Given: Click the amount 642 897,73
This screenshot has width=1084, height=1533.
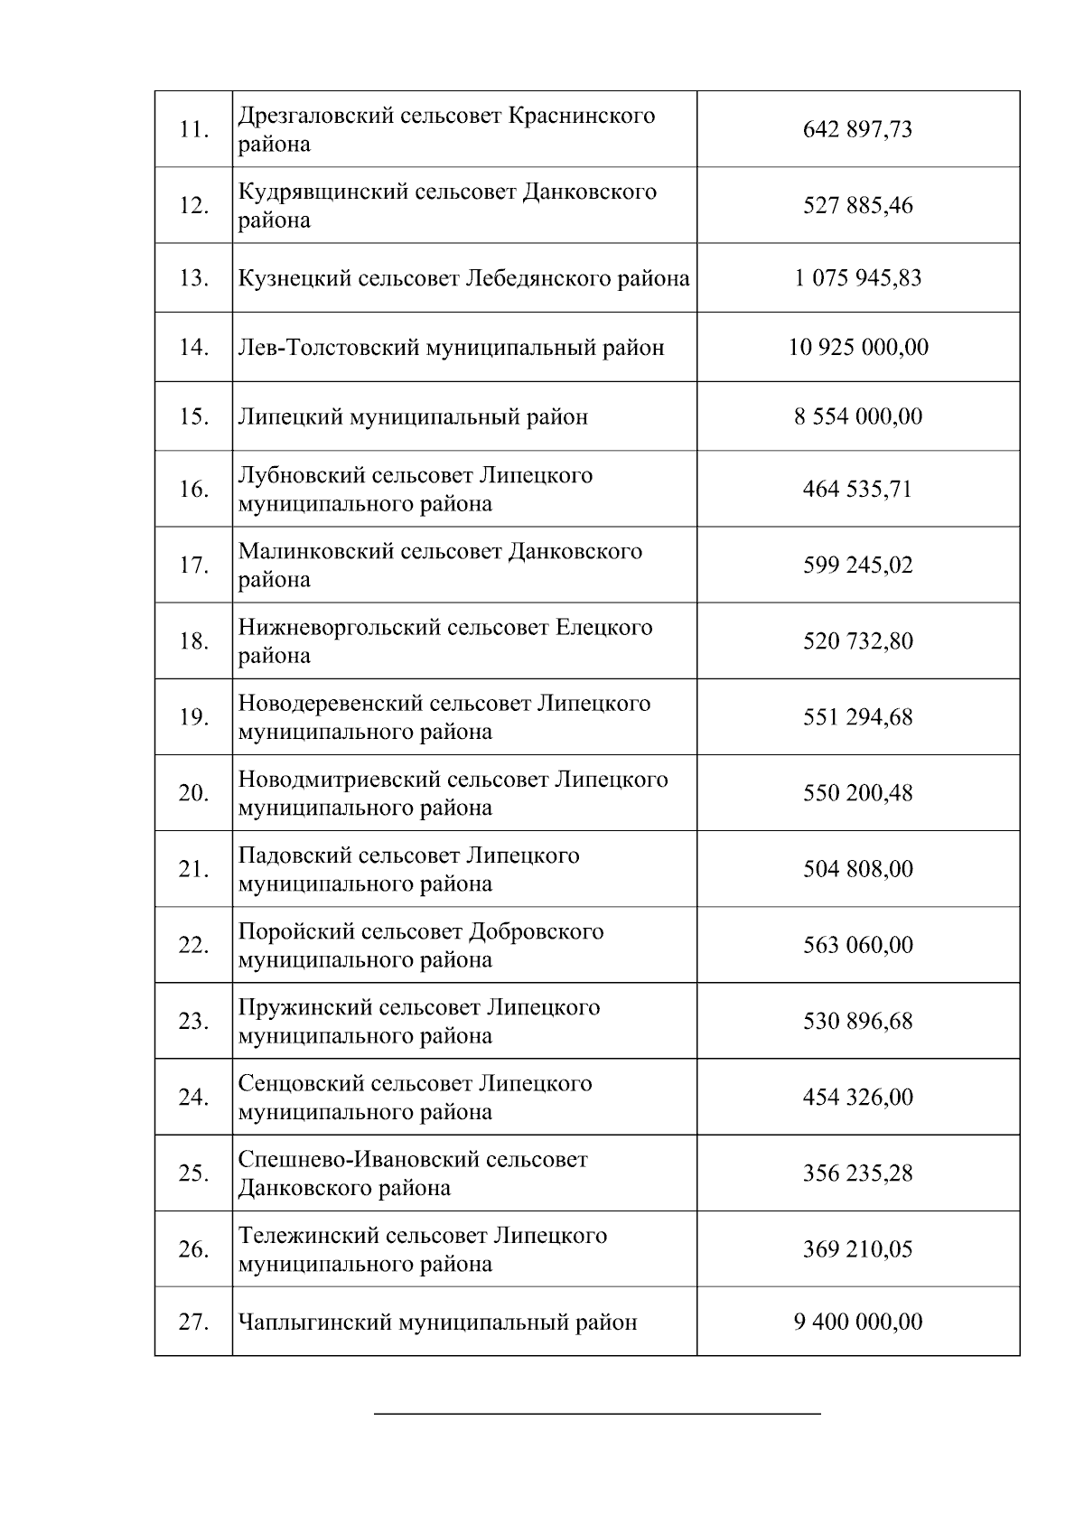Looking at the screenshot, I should pyautogui.click(x=857, y=129).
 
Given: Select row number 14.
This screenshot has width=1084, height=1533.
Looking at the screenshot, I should pyautogui.click(x=193, y=347).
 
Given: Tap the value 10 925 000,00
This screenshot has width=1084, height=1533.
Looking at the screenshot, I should pyautogui.click(x=858, y=347).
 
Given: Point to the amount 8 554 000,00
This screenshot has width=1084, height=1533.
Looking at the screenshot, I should pyautogui.click(x=858, y=416).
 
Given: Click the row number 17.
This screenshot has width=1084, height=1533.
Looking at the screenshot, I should pyautogui.click(x=193, y=566).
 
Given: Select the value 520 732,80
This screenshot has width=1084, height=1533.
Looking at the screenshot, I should pyautogui.click(x=857, y=641).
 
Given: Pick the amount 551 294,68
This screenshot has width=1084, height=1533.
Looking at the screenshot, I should pyautogui.click(x=857, y=717).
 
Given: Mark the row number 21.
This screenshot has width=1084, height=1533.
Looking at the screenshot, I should pyautogui.click(x=193, y=869).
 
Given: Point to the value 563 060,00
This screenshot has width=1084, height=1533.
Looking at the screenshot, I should pyautogui.click(x=857, y=945).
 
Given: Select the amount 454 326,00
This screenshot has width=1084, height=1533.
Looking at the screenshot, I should pyautogui.click(x=857, y=1098).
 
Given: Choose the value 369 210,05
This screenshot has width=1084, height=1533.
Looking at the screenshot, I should pyautogui.click(x=857, y=1249).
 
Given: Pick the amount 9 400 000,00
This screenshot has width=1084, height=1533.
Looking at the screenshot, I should pyautogui.click(x=858, y=1322).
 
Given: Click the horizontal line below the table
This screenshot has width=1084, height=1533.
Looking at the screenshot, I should pyautogui.click(x=597, y=1413).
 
